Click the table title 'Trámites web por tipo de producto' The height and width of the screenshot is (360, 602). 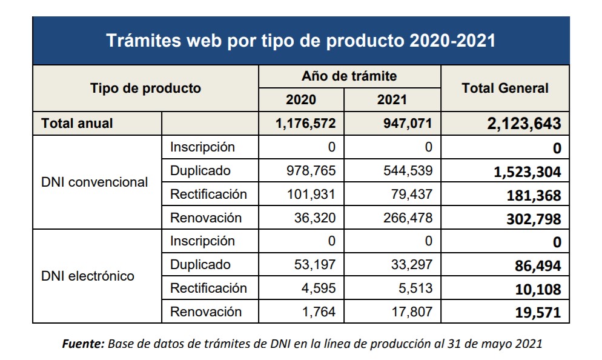pyautogui.click(x=300, y=41)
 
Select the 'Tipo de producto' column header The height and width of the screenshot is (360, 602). pyautogui.click(x=145, y=88)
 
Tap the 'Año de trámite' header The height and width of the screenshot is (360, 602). pyautogui.click(x=349, y=76)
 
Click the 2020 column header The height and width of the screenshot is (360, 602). pyautogui.click(x=300, y=100)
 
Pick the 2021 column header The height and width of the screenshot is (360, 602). pyautogui.click(x=392, y=100)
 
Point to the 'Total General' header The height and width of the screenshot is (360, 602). pyautogui.click(x=504, y=88)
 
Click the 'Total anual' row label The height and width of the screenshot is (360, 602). pyautogui.click(x=77, y=124)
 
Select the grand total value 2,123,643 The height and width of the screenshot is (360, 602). pyautogui.click(x=523, y=124)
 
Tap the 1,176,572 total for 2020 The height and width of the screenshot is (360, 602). pyautogui.click(x=305, y=124)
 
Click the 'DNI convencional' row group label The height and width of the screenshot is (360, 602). pyautogui.click(x=94, y=182)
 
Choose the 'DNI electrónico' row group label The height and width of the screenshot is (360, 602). pyautogui.click(x=88, y=276)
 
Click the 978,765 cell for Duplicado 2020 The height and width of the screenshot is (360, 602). pyautogui.click(x=311, y=171)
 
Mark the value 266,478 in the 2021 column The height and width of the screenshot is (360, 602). pyautogui.click(x=408, y=218)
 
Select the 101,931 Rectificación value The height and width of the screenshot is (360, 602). pyautogui.click(x=311, y=195)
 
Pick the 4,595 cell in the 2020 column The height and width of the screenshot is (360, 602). pyautogui.click(x=318, y=288)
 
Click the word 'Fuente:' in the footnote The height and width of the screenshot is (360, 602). pyautogui.click(x=84, y=344)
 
